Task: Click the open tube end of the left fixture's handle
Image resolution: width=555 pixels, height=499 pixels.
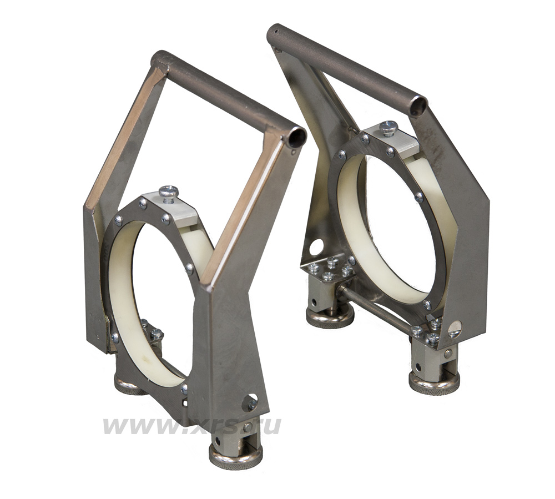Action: point(296,138)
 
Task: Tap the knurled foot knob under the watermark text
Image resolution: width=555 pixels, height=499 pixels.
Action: point(236,455)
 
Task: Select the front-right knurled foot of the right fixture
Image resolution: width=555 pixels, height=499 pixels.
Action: point(435,381)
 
